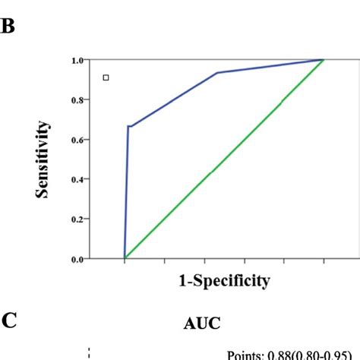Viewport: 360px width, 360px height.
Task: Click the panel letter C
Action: [9, 321]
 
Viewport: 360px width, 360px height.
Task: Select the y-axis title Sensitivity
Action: [44, 159]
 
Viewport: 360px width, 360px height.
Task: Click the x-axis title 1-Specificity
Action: [224, 281]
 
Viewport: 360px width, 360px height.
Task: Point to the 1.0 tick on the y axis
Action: [77, 60]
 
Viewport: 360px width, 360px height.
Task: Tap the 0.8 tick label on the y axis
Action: [77, 99]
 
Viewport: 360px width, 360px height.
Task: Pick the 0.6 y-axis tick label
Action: [77, 140]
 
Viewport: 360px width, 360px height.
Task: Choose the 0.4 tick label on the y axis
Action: [77, 179]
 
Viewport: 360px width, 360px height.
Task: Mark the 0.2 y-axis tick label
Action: [77, 219]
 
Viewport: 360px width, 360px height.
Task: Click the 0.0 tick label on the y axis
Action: [77, 259]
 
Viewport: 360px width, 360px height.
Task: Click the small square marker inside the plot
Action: [106, 77]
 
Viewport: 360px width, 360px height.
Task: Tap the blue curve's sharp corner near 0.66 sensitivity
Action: [128, 126]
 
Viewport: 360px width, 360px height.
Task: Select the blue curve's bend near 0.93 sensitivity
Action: [217, 73]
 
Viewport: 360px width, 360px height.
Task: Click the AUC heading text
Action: [202, 323]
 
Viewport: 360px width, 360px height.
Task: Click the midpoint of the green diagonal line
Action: [224, 159]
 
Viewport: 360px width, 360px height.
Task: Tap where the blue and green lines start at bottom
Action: [125, 258]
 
